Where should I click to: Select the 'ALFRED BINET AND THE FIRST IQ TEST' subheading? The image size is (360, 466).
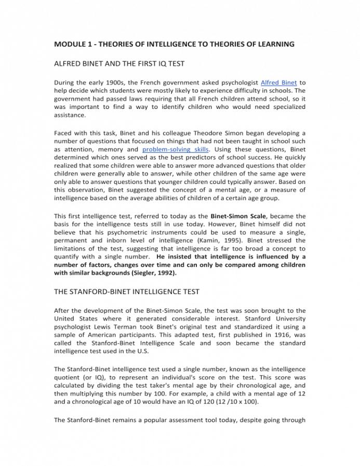point(119,64)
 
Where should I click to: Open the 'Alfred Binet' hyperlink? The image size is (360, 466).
point(279,83)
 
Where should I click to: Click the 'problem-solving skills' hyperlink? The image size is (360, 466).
point(176,149)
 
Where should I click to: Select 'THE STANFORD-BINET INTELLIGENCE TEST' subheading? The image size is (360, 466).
point(127,292)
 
